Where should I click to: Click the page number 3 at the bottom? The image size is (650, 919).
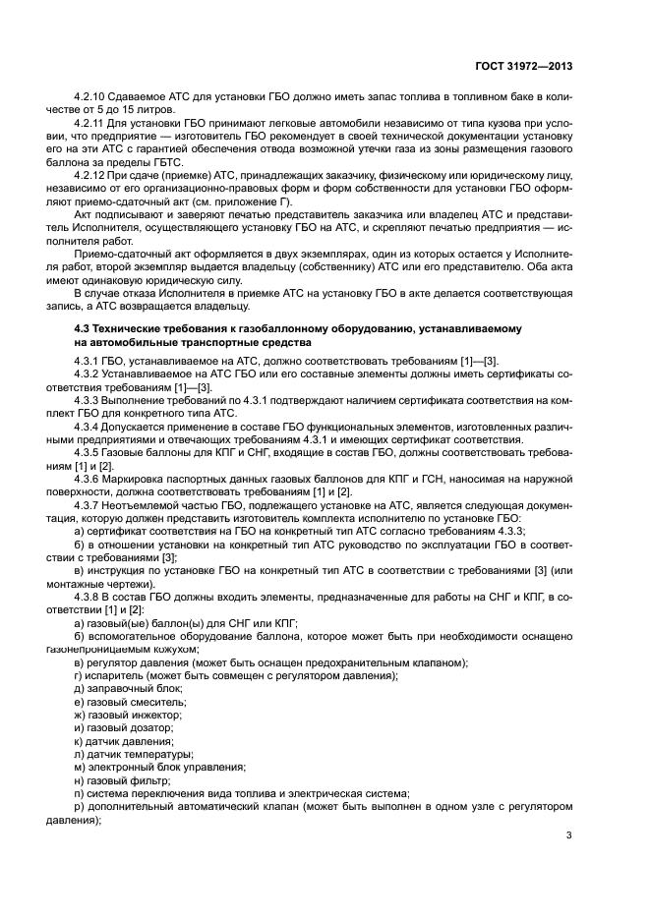(x=569, y=835)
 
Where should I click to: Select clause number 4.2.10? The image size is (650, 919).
(x=91, y=98)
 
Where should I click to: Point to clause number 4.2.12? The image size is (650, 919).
(x=91, y=174)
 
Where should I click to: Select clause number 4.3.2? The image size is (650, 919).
(x=89, y=375)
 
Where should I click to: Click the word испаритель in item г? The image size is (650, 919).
(x=117, y=676)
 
